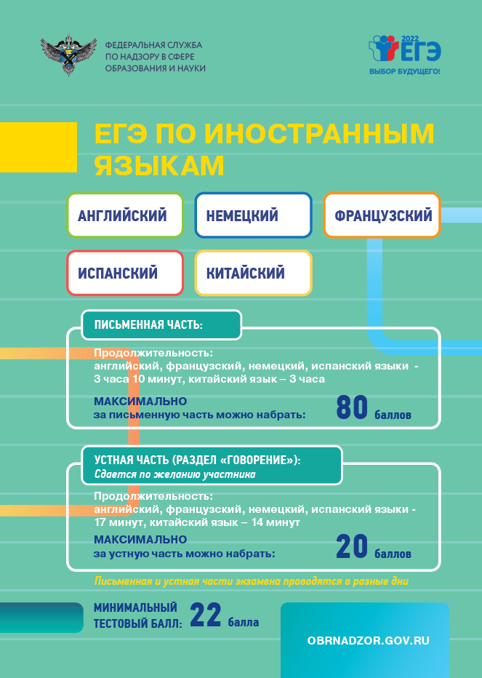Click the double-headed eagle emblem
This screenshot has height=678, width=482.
[68, 55]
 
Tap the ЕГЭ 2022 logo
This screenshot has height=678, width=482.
[405, 49]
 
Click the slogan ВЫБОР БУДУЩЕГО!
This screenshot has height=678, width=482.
[405, 71]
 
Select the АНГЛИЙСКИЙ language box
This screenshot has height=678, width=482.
[125, 215]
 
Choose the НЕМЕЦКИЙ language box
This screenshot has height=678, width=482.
[253, 215]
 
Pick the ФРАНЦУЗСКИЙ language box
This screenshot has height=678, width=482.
[382, 215]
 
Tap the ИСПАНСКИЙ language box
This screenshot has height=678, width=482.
[125, 273]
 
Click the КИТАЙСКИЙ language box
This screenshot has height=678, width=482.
[253, 273]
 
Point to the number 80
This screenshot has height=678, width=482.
[352, 408]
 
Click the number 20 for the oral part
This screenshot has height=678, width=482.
[352, 546]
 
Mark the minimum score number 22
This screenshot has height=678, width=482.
[205, 615]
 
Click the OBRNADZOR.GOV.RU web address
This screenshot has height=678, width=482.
[369, 640]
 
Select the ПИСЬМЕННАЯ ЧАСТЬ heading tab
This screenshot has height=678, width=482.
[161, 324]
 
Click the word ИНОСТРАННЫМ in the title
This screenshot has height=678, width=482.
[319, 134]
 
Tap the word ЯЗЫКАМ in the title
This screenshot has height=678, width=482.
[159, 166]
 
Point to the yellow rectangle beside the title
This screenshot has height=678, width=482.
[39, 147]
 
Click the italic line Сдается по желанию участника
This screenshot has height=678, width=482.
[175, 474]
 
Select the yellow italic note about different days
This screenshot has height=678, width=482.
[251, 581]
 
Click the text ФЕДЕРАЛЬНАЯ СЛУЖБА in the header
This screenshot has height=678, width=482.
[153, 45]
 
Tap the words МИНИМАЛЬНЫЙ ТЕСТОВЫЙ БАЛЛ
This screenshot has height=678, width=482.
[138, 615]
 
